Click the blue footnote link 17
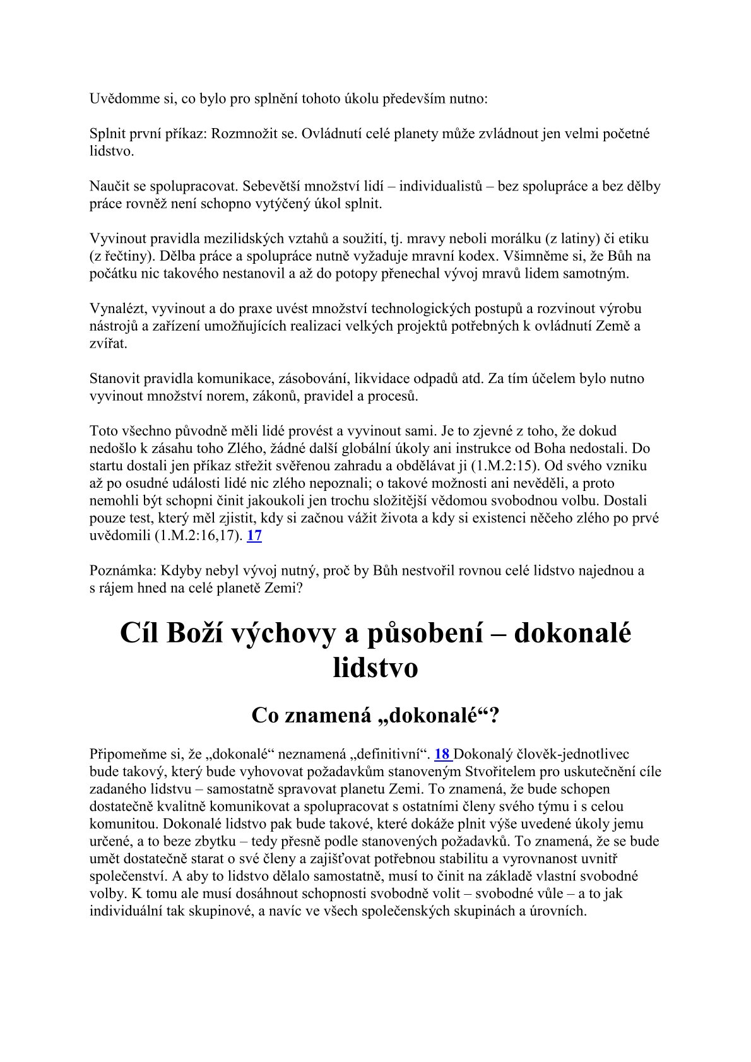[x=254, y=536]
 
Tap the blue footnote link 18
[x=442, y=753]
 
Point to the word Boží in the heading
[x=187, y=634]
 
